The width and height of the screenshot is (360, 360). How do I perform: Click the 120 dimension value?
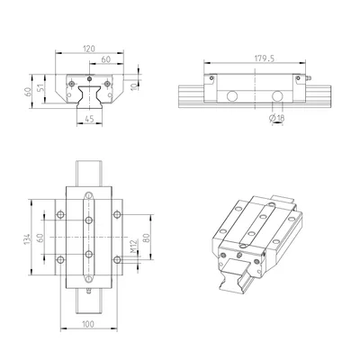[x=89, y=49]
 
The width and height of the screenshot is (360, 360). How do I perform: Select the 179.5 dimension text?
[x=265, y=58]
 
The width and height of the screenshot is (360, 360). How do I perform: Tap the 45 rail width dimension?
[x=89, y=119]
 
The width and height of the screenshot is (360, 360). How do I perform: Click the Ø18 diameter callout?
[x=277, y=118]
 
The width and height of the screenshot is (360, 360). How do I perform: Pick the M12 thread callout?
[x=134, y=246]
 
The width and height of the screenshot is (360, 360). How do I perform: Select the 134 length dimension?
[x=27, y=239]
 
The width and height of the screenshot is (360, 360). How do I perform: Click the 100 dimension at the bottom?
[x=88, y=324]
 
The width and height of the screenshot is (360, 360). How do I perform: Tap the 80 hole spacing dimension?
[x=147, y=238]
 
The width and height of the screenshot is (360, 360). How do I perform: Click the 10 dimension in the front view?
[x=135, y=86]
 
